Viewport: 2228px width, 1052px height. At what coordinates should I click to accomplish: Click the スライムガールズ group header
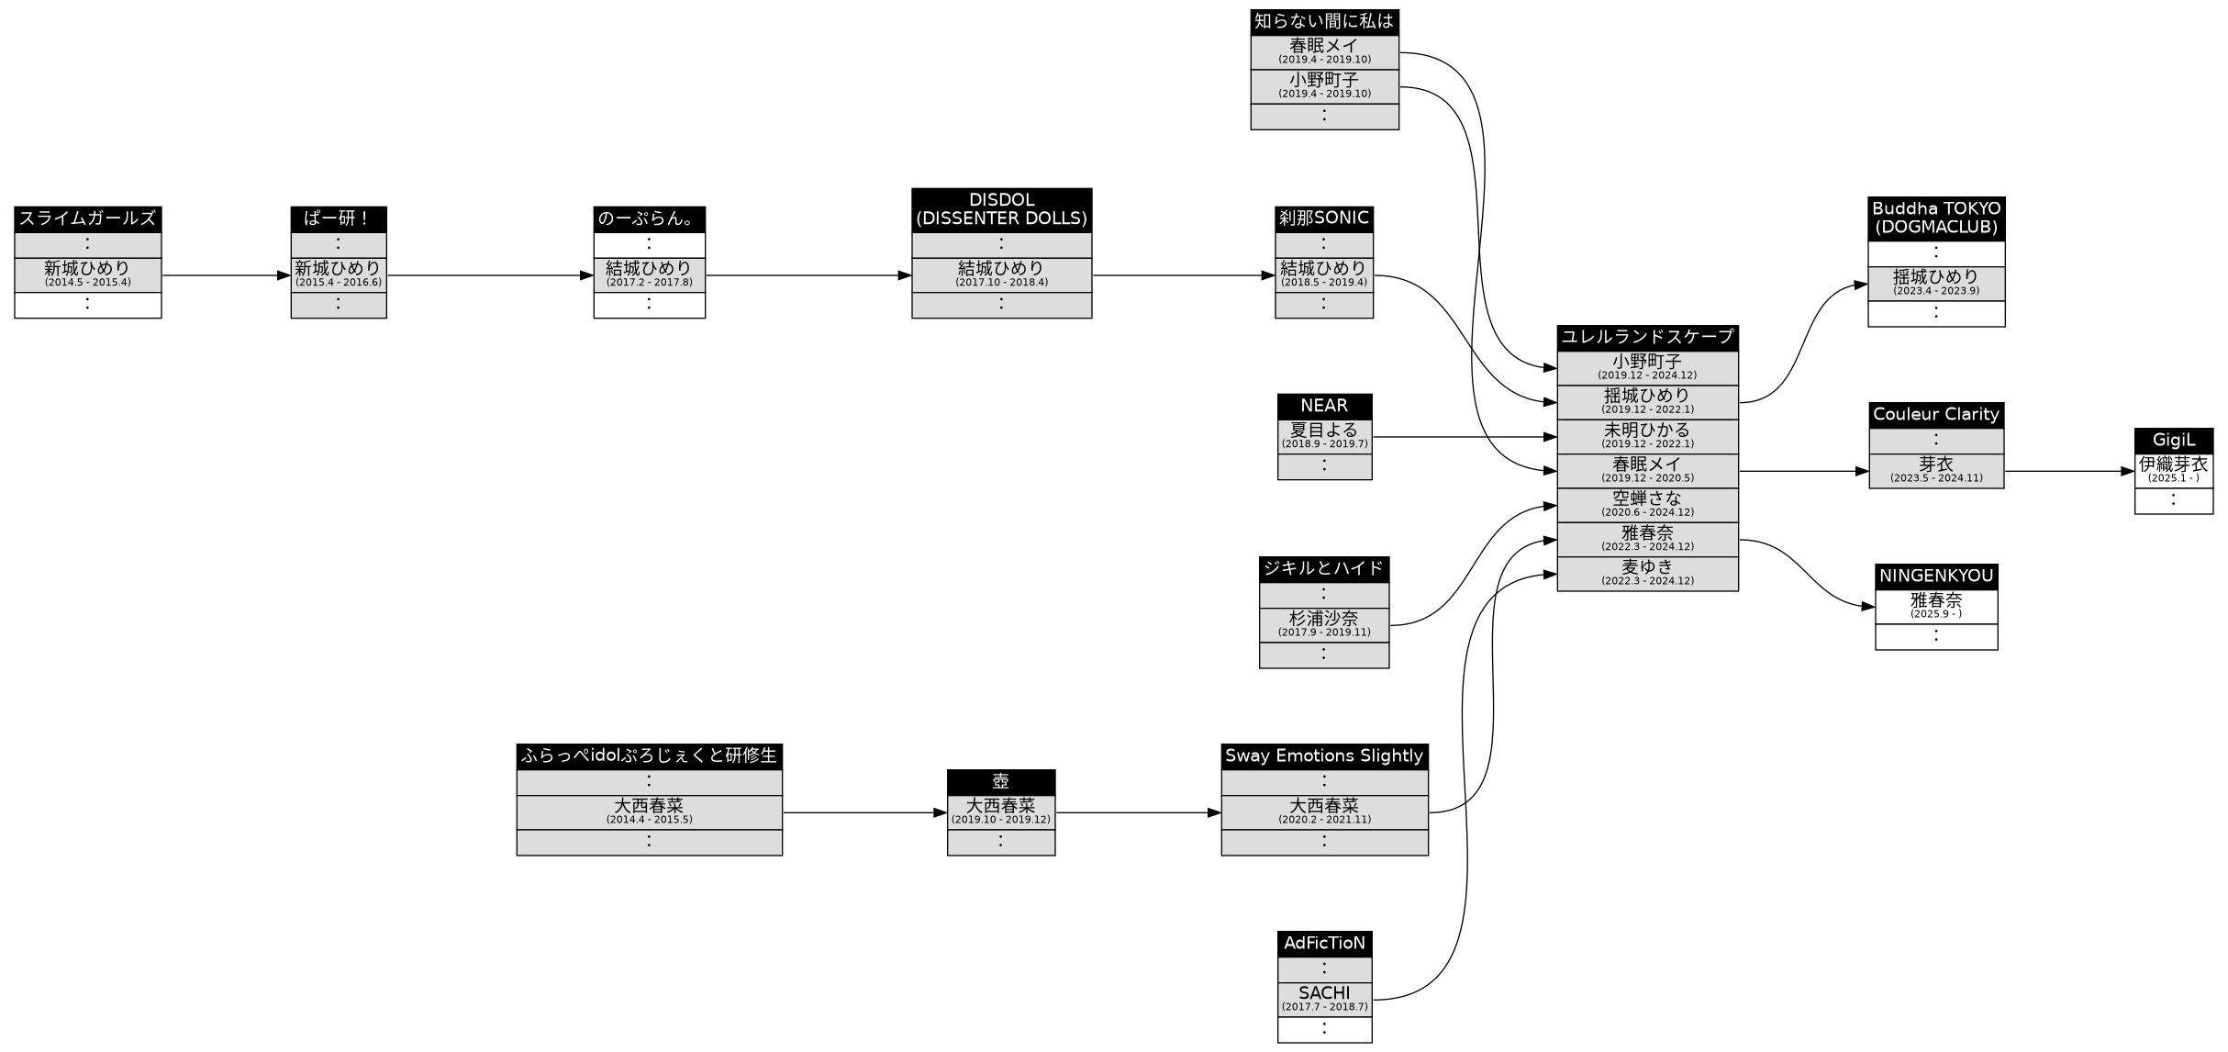pos(87,218)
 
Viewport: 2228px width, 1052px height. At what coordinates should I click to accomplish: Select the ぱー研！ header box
pos(338,218)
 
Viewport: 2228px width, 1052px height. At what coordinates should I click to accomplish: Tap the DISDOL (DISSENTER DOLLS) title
pos(1001,209)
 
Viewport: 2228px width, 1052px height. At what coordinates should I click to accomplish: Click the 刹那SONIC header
pos(1323,218)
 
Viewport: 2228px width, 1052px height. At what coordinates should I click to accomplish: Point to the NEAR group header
pos(1323,406)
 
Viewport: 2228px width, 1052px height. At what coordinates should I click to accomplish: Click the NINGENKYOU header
pos(1935,576)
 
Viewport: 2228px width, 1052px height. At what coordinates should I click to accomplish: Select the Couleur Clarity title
pos(1935,414)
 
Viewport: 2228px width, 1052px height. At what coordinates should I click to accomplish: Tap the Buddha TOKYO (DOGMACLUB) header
pos(1935,218)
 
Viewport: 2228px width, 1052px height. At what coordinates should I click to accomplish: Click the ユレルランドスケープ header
pos(1647,337)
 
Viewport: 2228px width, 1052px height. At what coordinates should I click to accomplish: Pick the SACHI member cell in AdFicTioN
pos(1323,998)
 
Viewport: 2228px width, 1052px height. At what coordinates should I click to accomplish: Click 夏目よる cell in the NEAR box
pos(1323,435)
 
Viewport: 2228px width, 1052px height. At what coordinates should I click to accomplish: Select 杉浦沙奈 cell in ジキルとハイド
pos(1323,623)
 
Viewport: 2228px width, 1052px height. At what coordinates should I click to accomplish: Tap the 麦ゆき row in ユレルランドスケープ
pos(1647,573)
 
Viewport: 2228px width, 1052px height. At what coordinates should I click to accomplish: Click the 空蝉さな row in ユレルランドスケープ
pos(1647,504)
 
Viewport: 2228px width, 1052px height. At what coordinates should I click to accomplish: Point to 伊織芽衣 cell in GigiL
pos(2173,469)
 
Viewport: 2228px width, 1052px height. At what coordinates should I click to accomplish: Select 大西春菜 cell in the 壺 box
pos(1000,811)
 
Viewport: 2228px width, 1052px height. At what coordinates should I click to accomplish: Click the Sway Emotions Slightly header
pos(1323,755)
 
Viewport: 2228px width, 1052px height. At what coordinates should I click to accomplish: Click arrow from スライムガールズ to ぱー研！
pos(225,274)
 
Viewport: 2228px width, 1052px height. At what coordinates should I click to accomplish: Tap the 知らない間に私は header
pos(1323,21)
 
